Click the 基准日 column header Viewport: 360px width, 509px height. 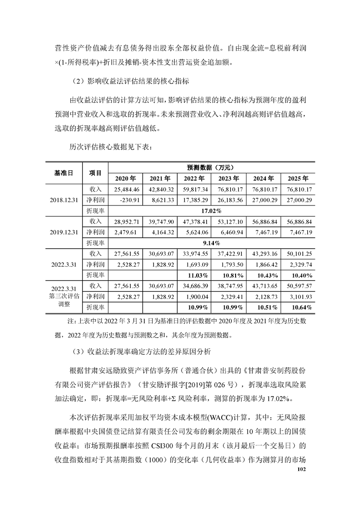(x=63, y=172)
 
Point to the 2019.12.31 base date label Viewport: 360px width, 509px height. (x=63, y=232)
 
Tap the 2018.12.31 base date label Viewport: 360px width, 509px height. (x=63, y=200)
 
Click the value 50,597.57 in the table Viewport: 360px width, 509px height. (x=296, y=286)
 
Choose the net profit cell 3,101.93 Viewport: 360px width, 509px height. (x=296, y=297)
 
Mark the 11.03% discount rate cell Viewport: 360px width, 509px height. (x=196, y=275)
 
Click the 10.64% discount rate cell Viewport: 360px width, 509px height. (x=296, y=307)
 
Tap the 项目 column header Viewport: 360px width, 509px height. (x=95, y=172)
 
